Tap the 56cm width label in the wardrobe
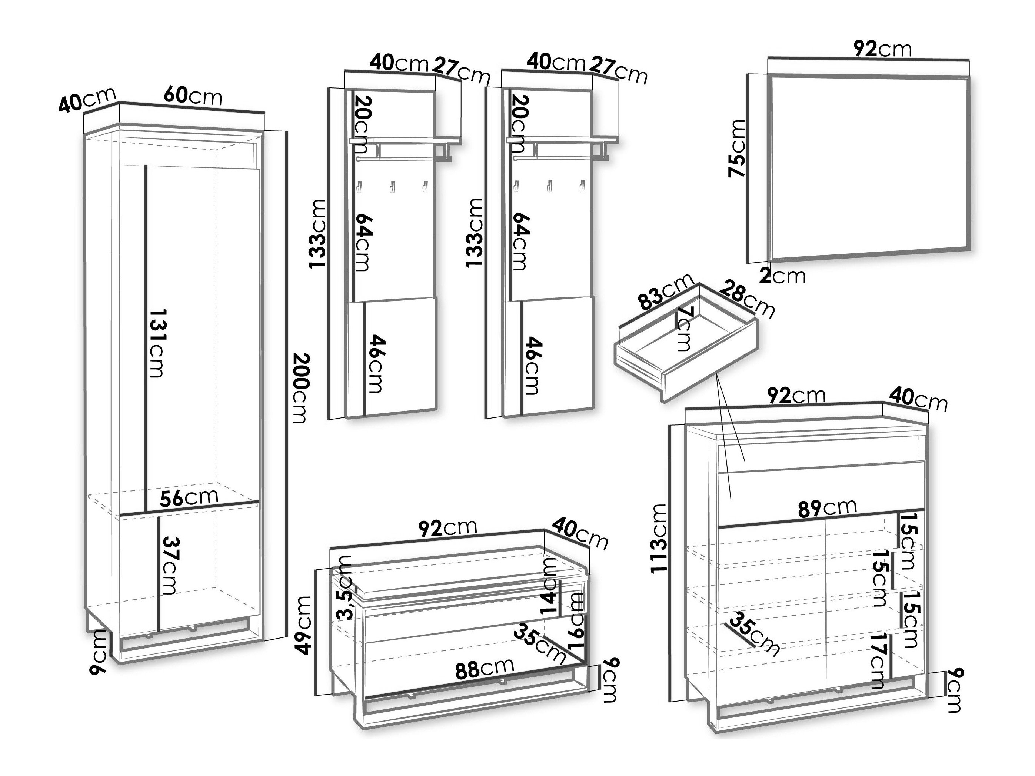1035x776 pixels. pos(189,497)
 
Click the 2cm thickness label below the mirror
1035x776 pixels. pos(782,276)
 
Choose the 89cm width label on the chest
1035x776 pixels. pos(827,507)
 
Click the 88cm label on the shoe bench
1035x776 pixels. pos(485,668)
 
